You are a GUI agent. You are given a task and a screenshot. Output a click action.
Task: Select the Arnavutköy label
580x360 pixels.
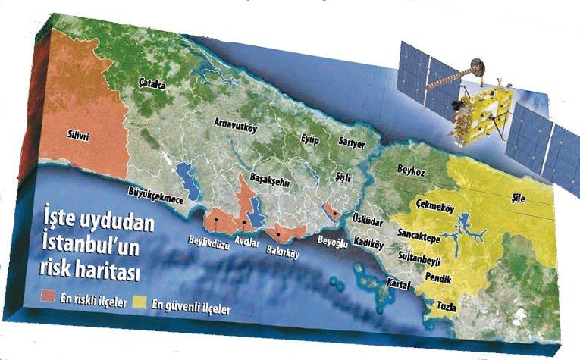(236, 127)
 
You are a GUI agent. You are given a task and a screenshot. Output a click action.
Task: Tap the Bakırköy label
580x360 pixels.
(284, 254)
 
